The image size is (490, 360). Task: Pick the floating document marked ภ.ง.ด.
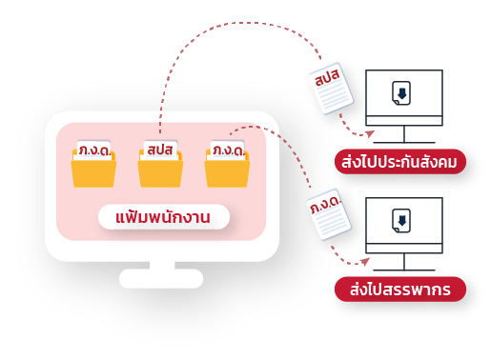click(329, 214)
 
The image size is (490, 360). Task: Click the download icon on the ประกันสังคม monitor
click(401, 92)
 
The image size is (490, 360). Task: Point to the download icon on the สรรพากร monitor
click(401, 220)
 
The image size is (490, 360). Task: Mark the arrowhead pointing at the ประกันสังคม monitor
click(371, 134)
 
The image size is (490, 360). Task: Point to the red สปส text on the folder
click(159, 150)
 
